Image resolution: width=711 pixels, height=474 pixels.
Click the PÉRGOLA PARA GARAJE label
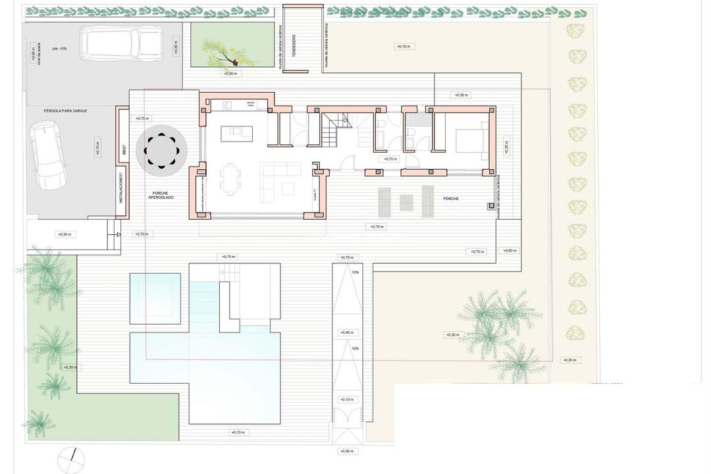pos(65,111)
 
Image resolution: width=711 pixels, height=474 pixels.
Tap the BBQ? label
pos(124,151)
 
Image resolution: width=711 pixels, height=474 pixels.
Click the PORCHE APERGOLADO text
pos(161,196)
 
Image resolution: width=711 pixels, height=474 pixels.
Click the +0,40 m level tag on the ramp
pos(347,332)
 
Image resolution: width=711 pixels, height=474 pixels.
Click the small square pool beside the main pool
pos(152,297)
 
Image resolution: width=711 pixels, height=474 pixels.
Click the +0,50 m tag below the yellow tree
pos(230,74)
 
